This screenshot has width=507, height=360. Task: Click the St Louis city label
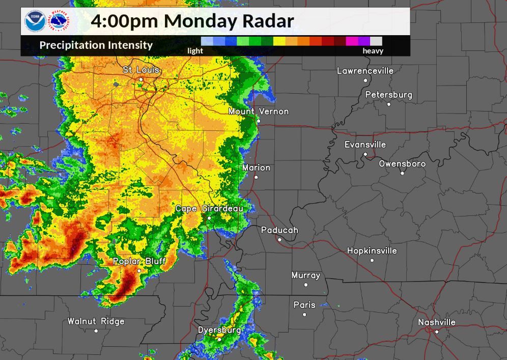pos(141,70)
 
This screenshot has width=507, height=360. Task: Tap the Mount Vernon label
pos(258,112)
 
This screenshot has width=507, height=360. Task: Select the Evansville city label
pos(365,145)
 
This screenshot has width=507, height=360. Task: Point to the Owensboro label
pos(402,164)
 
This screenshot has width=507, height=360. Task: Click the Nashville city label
pos(437,322)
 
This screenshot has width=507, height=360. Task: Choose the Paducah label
pos(279,230)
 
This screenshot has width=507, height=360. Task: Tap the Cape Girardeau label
pos(209,209)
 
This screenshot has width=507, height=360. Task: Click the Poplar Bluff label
pos(139,261)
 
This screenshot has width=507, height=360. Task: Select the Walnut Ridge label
pos(96,321)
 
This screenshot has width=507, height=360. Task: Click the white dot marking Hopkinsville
pos(372,260)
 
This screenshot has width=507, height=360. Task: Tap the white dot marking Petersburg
pos(389,104)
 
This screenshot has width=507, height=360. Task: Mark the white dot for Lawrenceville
pos(365,80)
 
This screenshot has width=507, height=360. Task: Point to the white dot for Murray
pos(306,285)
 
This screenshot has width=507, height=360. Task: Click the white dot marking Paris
pos(304,314)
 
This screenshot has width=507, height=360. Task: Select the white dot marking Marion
pos(256,177)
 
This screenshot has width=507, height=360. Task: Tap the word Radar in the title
pos(270,21)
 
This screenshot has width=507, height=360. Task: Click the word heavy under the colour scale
pos(373,51)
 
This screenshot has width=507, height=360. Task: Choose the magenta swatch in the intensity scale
pos(351,41)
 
